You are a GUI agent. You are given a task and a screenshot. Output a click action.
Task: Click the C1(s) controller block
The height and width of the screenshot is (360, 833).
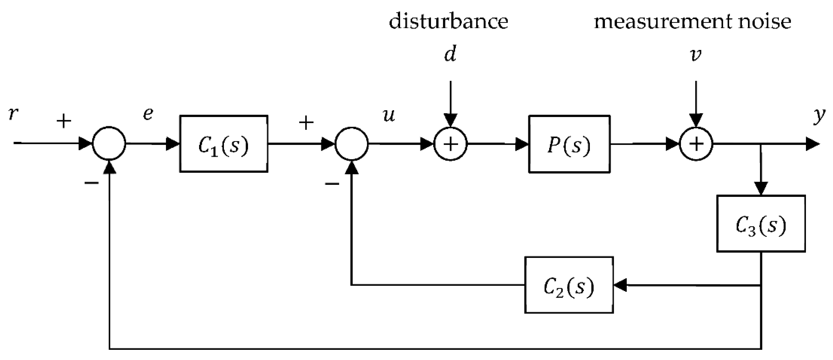[x=223, y=144]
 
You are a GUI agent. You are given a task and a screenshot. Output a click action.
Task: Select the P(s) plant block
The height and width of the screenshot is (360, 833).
[x=569, y=144]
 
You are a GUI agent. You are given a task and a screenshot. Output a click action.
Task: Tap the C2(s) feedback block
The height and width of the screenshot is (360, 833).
[x=569, y=285]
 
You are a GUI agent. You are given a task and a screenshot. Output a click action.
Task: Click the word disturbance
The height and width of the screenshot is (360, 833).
[x=448, y=22]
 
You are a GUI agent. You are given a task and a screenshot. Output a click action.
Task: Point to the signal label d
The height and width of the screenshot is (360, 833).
[x=450, y=54]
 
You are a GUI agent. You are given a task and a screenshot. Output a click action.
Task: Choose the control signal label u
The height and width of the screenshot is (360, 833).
[x=389, y=115]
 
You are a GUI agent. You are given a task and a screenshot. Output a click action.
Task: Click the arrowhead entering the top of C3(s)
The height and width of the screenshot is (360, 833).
[x=761, y=189]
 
